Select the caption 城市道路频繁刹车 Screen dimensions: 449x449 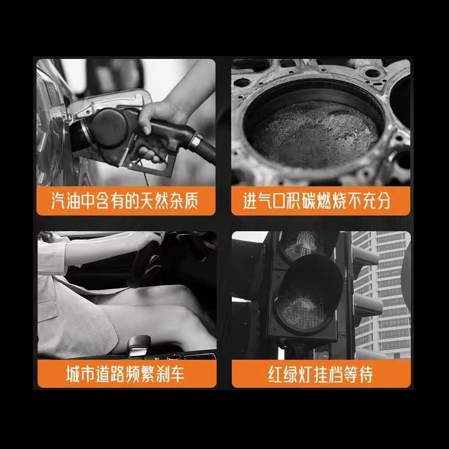point(125,373)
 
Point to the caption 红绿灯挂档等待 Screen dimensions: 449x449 point(320,373)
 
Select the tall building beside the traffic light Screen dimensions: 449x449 point(387,292)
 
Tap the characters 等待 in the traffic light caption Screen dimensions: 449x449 point(360,373)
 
